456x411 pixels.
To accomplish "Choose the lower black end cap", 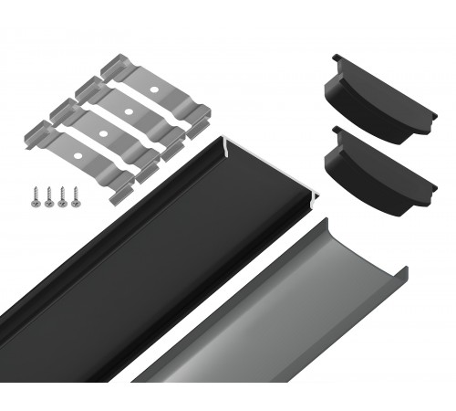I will coord(378,174).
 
